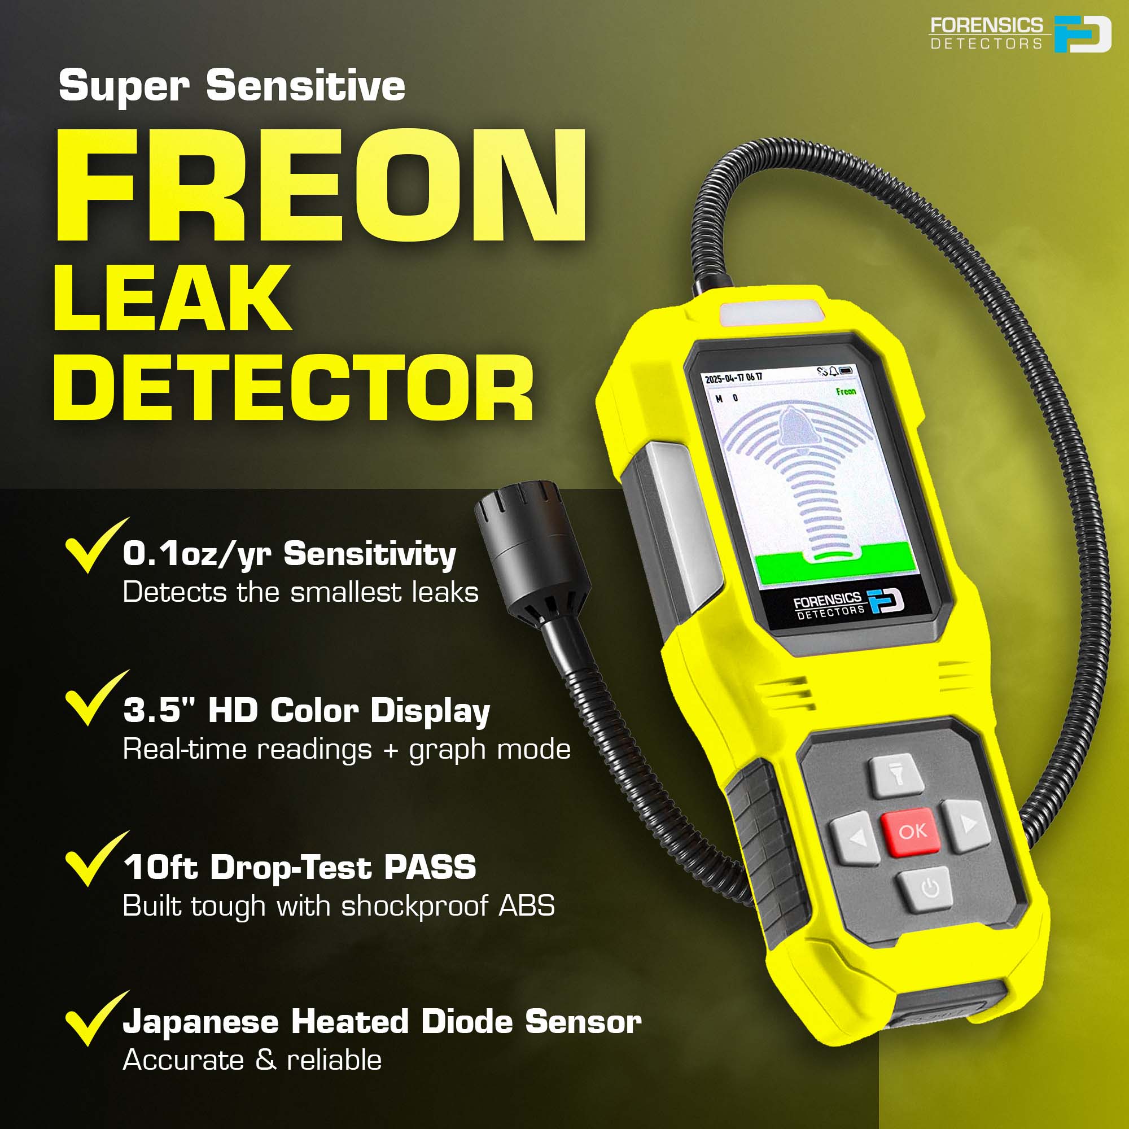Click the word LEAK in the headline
click(172, 298)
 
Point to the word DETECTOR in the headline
click(294, 387)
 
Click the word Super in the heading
click(124, 86)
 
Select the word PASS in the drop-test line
click(430, 867)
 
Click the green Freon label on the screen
click(846, 391)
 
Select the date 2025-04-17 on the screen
click(727, 379)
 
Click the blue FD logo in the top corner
click(1082, 34)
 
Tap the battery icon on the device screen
click(847, 370)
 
